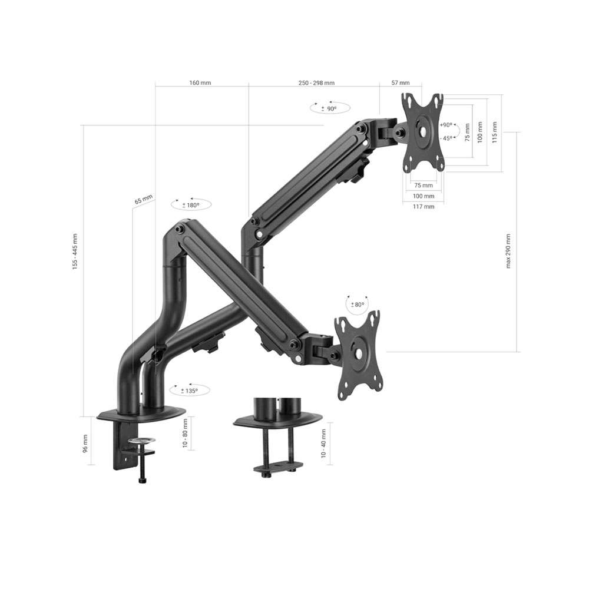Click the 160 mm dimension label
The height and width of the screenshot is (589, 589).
(200, 82)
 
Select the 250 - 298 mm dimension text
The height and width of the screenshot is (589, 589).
(316, 82)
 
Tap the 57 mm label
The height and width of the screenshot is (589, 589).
(401, 82)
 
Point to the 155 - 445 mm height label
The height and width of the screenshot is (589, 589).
(75, 252)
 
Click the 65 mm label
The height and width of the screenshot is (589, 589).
(144, 200)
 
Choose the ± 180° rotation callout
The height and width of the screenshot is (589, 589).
(191, 205)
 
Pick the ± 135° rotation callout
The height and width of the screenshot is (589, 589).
(190, 391)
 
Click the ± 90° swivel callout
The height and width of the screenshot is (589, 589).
(330, 108)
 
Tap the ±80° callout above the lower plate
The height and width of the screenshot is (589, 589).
(358, 304)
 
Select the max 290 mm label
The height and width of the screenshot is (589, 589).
(508, 251)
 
